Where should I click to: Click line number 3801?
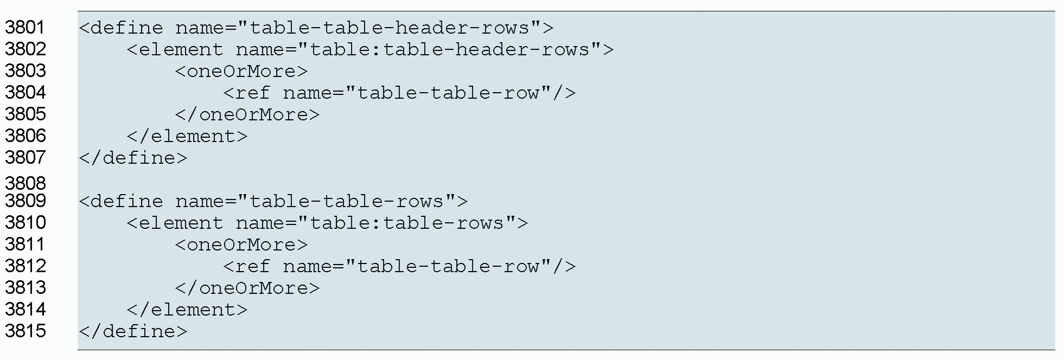click(x=25, y=27)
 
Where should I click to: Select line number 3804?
click(x=25, y=92)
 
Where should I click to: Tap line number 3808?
click(x=25, y=183)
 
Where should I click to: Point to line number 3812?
click(x=25, y=266)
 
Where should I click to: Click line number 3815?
click(x=25, y=331)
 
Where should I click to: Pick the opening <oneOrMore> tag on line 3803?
click(x=241, y=71)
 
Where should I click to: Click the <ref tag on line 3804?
click(x=247, y=93)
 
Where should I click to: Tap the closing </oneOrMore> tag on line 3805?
click(x=247, y=114)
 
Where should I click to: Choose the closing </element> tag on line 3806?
click(x=187, y=136)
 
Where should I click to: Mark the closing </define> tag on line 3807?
click(x=133, y=158)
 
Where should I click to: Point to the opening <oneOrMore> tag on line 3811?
click(x=241, y=245)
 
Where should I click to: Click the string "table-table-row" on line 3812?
click(x=448, y=266)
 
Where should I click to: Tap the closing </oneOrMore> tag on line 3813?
click(x=247, y=288)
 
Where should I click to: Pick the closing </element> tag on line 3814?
click(x=187, y=310)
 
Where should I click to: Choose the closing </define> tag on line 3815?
click(x=133, y=331)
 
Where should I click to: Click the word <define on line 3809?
click(x=121, y=201)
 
